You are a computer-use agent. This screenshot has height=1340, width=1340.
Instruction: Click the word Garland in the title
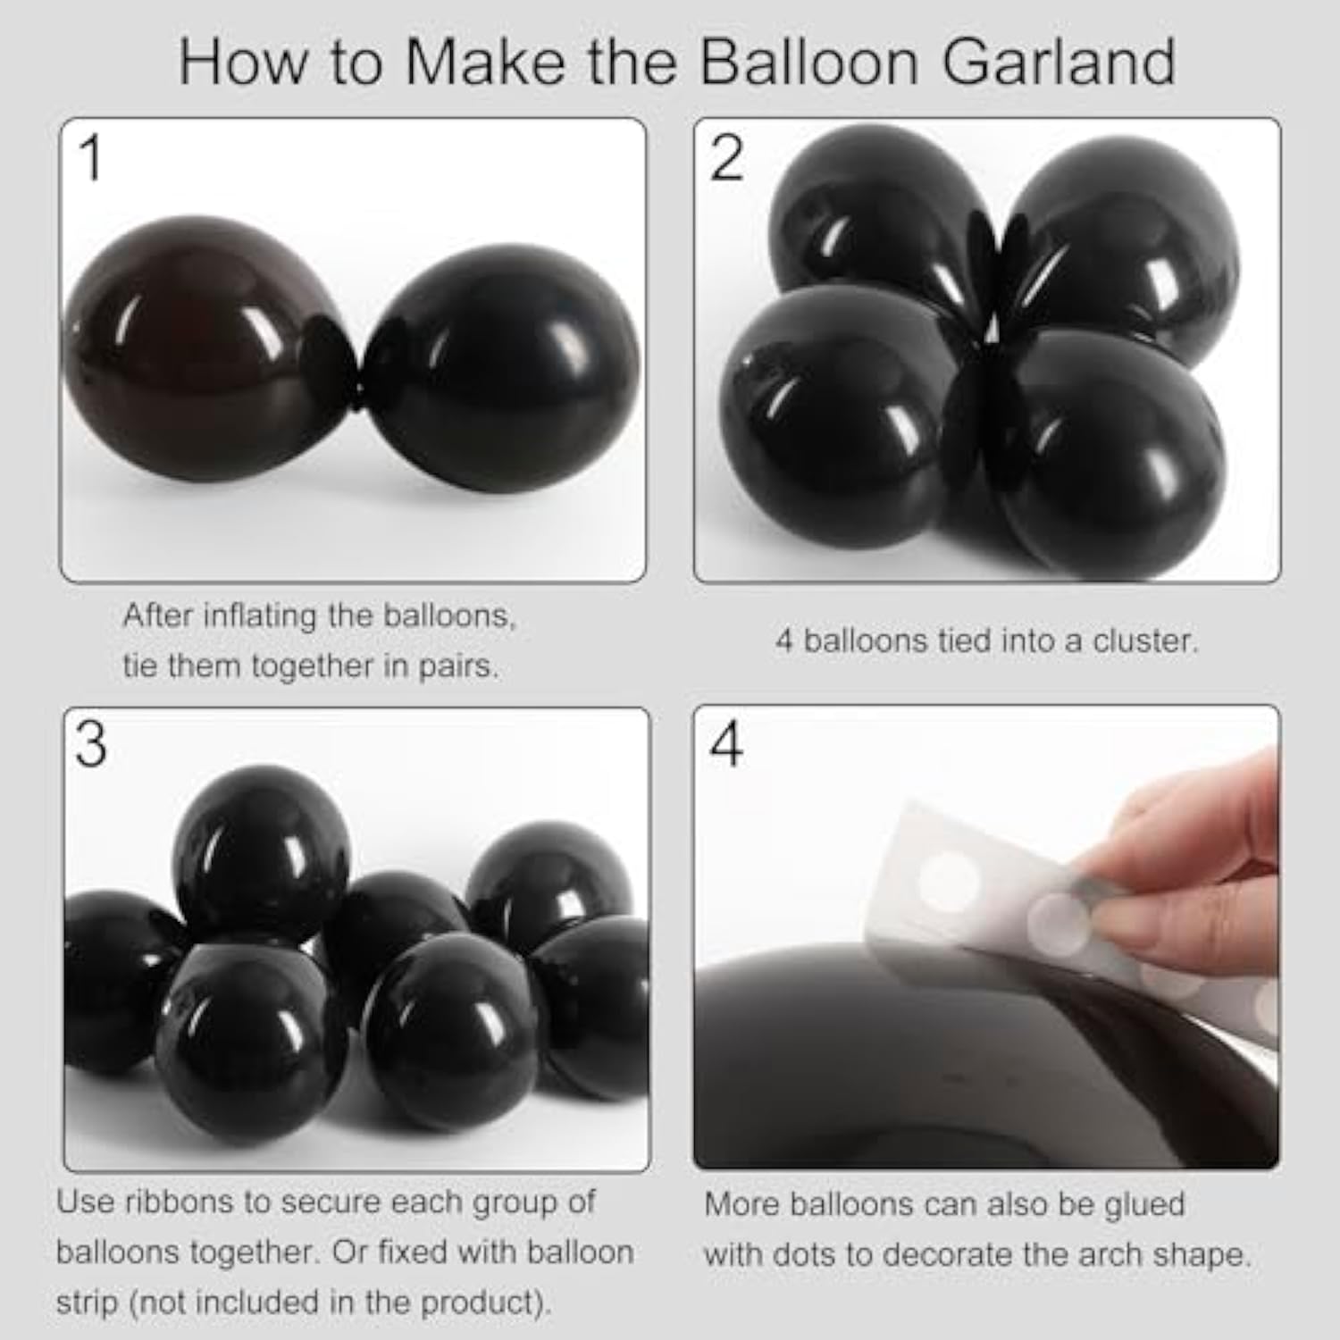(1059, 63)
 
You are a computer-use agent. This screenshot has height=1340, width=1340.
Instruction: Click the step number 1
(91, 158)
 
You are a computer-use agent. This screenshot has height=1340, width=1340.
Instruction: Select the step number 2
(726, 158)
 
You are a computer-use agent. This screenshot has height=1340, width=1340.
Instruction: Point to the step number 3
(90, 744)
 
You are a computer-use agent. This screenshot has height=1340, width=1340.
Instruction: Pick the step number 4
(725, 744)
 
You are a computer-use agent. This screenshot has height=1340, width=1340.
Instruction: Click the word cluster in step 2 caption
(1144, 641)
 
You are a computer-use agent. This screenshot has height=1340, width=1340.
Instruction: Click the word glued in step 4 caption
(1143, 1205)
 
